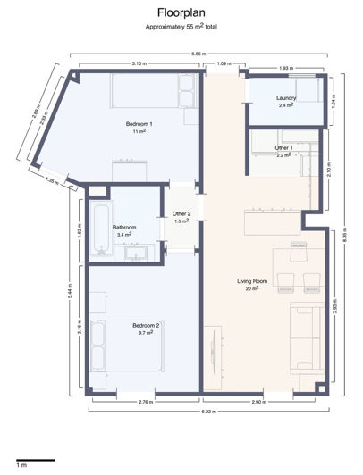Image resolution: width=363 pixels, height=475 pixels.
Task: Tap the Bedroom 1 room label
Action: [139, 123]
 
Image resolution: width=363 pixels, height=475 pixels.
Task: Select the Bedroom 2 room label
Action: [146, 326]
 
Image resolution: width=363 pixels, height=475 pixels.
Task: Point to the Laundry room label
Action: [286, 97]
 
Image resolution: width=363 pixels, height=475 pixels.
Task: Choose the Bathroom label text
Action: [124, 228]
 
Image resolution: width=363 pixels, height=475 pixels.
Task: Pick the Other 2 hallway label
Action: [181, 214]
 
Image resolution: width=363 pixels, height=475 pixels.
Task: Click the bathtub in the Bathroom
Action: [99, 228]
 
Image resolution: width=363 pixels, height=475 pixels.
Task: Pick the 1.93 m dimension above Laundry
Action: [285, 69]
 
